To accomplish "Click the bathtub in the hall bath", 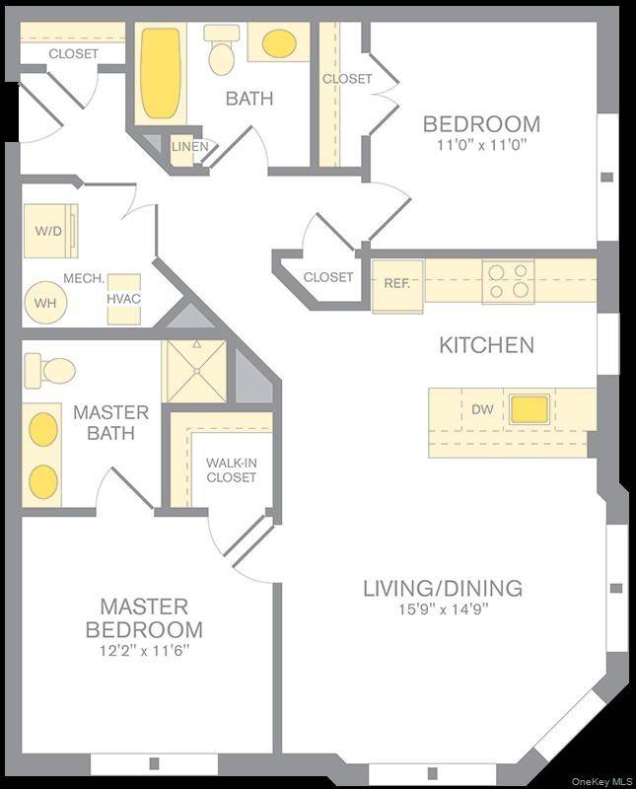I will [x=160, y=73].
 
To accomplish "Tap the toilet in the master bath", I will [x=50, y=371].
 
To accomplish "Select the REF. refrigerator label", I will [x=396, y=283].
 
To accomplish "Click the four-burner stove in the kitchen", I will [x=508, y=281].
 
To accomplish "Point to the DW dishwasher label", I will [x=482, y=408].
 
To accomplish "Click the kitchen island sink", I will [x=530, y=408].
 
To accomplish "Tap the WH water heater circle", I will [x=45, y=303].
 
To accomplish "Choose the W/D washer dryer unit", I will [x=48, y=232].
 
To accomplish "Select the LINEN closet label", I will [x=189, y=147].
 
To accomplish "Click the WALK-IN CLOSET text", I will [x=231, y=470].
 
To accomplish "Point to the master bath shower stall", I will [x=194, y=371].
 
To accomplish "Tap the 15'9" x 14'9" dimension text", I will [x=441, y=610].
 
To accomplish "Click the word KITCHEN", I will [x=486, y=345].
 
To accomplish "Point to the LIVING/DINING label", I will [x=442, y=589].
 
